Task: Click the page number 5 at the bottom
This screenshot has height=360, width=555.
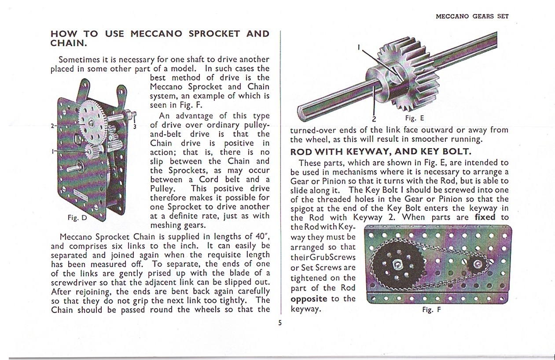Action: point(279,322)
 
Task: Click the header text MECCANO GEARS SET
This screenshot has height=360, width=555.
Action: point(472,16)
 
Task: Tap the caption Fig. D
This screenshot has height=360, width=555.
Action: point(77,217)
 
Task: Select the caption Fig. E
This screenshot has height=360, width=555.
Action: point(415,118)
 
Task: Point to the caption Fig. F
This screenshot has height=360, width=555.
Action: point(431,309)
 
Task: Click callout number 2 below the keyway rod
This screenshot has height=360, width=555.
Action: point(374,119)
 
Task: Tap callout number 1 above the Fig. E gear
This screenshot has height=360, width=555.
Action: point(359,47)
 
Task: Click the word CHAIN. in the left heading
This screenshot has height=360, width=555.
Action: point(69,44)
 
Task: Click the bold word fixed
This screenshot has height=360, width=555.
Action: point(485,217)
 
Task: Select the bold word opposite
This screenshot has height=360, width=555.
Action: point(309,299)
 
